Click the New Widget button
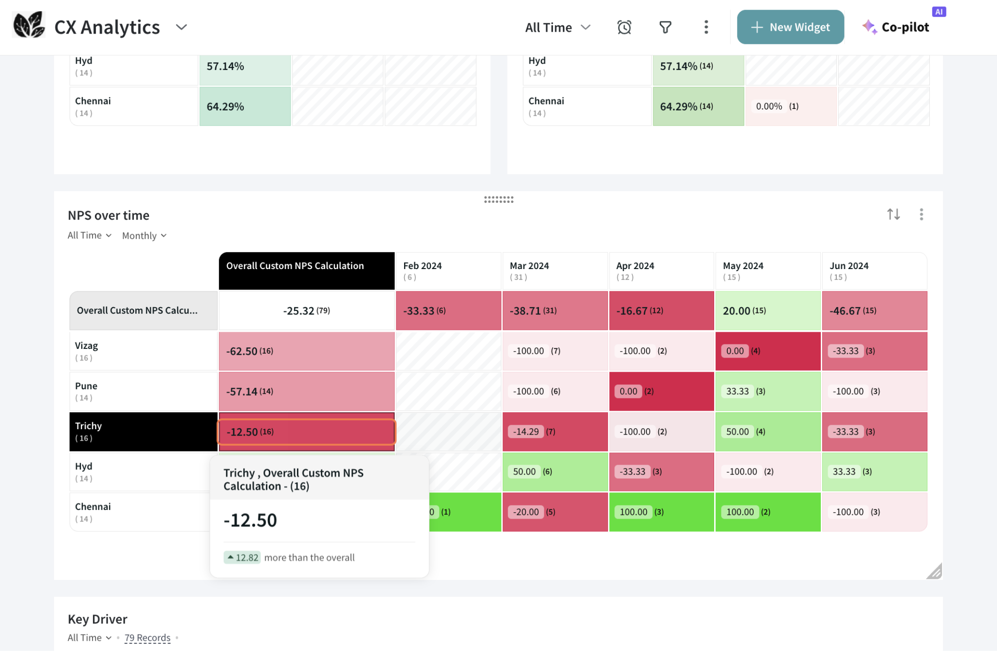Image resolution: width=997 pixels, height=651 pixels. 790,27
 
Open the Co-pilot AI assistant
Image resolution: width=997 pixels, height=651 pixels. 897,27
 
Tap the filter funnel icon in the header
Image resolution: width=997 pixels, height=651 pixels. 665,27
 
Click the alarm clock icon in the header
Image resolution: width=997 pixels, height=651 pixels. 624,27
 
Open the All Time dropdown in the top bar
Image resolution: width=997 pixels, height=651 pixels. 557,28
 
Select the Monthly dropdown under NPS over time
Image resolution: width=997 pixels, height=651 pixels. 144,235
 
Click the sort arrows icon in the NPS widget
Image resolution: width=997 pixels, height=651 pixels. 893,214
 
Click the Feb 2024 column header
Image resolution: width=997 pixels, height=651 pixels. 448,271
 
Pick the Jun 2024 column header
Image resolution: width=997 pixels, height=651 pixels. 874,271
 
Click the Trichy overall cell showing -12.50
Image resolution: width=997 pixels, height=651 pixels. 306,432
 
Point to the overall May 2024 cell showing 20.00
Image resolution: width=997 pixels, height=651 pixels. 768,310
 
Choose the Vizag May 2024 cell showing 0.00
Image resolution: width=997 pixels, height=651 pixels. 768,351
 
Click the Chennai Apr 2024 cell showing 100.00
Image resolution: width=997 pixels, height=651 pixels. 661,512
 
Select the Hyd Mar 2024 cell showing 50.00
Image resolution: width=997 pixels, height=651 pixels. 554,471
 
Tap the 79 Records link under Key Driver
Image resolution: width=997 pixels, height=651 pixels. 147,638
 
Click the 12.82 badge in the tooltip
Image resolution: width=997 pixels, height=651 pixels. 242,558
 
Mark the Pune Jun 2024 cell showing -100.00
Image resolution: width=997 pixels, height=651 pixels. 874,391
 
